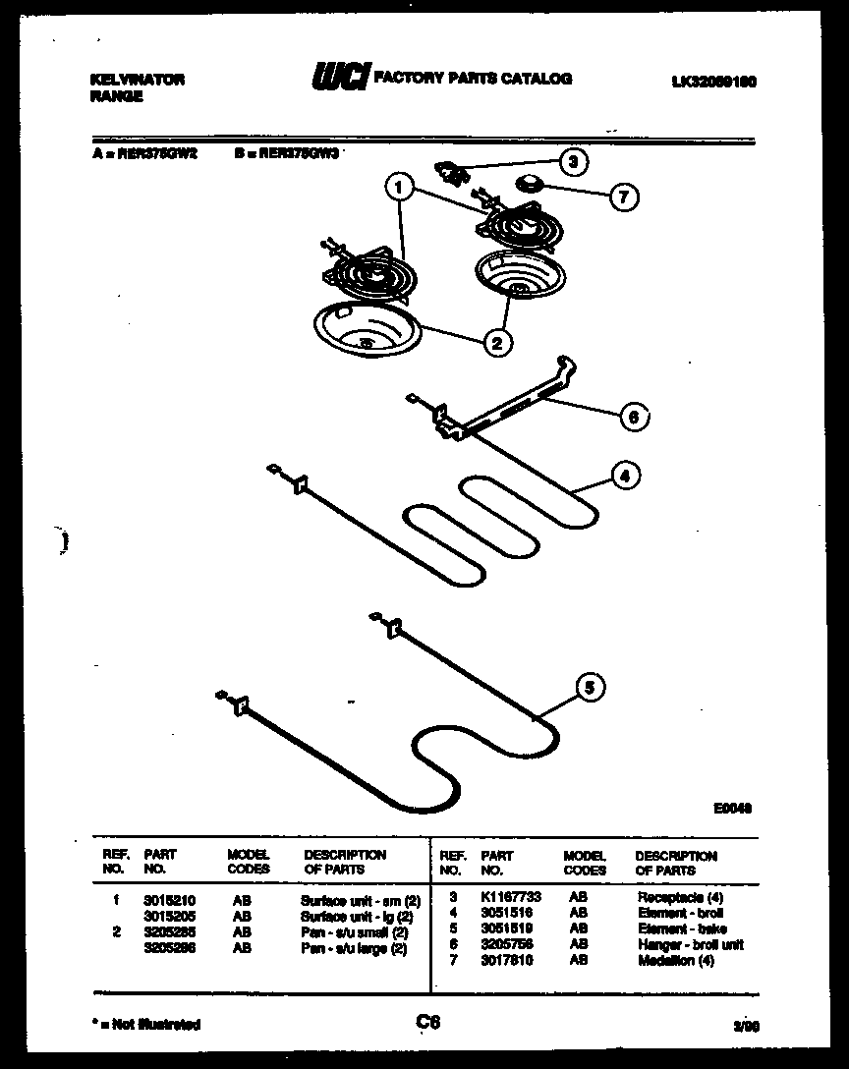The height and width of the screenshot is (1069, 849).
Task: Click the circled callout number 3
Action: [573, 161]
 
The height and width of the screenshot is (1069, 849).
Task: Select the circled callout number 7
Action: [622, 197]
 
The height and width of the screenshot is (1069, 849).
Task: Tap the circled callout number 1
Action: [399, 184]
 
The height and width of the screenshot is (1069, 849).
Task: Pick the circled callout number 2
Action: [497, 342]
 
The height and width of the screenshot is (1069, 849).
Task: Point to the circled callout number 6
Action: [634, 417]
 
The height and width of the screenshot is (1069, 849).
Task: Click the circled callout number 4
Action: [622, 477]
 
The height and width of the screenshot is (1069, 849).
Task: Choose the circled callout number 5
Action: [589, 688]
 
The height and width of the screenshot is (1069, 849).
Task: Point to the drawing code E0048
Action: [732, 809]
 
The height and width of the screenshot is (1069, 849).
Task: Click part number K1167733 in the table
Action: [510, 898]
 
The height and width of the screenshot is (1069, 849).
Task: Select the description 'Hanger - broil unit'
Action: [691, 944]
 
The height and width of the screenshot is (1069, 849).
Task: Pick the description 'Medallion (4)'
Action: [676, 960]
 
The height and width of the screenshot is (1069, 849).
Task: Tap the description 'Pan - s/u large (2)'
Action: [354, 948]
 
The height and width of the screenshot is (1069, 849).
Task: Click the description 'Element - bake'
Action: [682, 928]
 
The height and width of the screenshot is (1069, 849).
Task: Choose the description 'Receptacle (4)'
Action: [680, 898]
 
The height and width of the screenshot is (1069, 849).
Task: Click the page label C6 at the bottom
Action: [426, 1023]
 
